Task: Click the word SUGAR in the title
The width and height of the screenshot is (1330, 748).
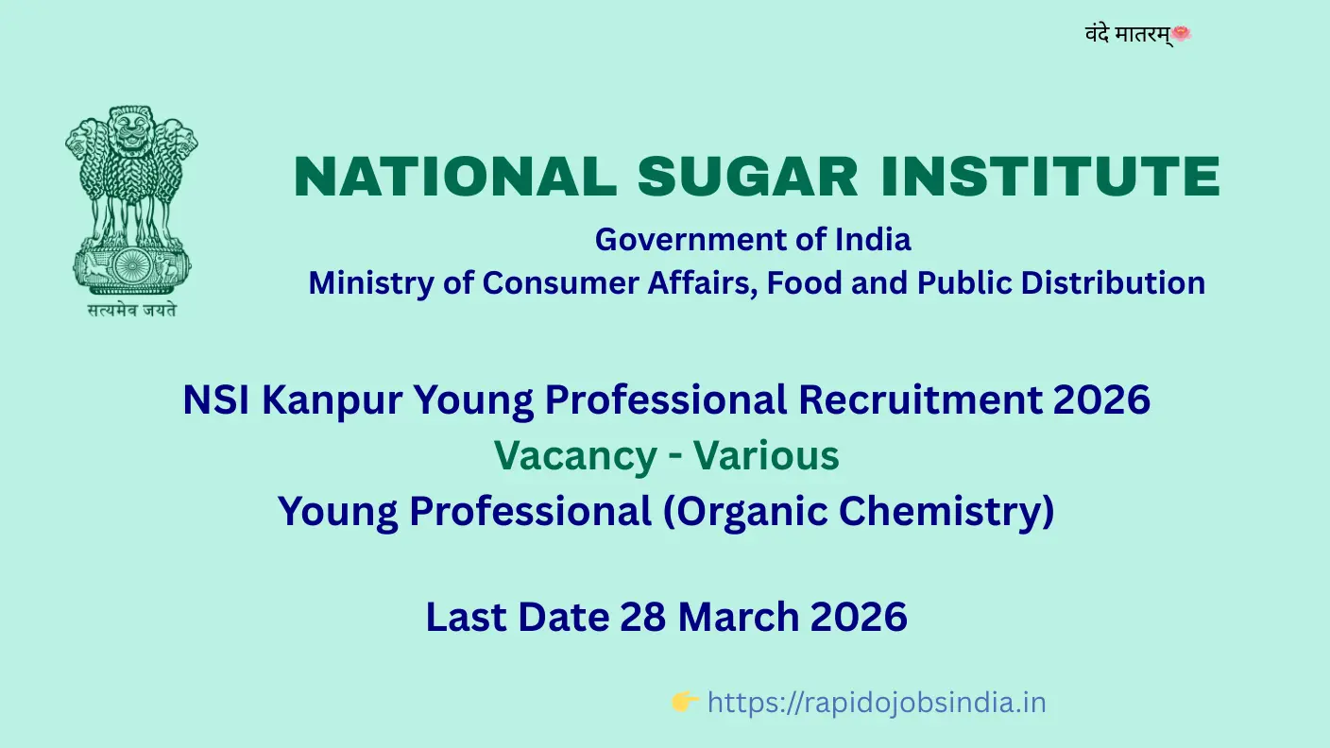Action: tap(747, 177)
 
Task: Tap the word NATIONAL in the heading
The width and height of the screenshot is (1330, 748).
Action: tap(455, 177)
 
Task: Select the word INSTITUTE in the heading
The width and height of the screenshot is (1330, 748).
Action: tap(1050, 177)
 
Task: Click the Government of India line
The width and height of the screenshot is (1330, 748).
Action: tap(753, 240)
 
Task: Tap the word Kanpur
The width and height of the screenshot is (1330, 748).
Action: tap(332, 400)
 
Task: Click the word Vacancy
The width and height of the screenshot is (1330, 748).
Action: tap(575, 457)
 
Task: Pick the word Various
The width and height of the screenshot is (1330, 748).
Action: tap(766, 456)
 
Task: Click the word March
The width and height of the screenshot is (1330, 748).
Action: tap(738, 617)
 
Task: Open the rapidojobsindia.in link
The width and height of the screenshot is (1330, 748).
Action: tap(877, 703)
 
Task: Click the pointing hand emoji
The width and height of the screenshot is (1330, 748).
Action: tap(685, 702)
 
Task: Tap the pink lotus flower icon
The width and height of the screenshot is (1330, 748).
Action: tap(1182, 33)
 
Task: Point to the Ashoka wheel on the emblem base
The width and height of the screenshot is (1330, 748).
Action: tap(131, 265)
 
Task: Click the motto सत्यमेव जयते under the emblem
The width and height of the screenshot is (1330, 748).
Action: tap(132, 310)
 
